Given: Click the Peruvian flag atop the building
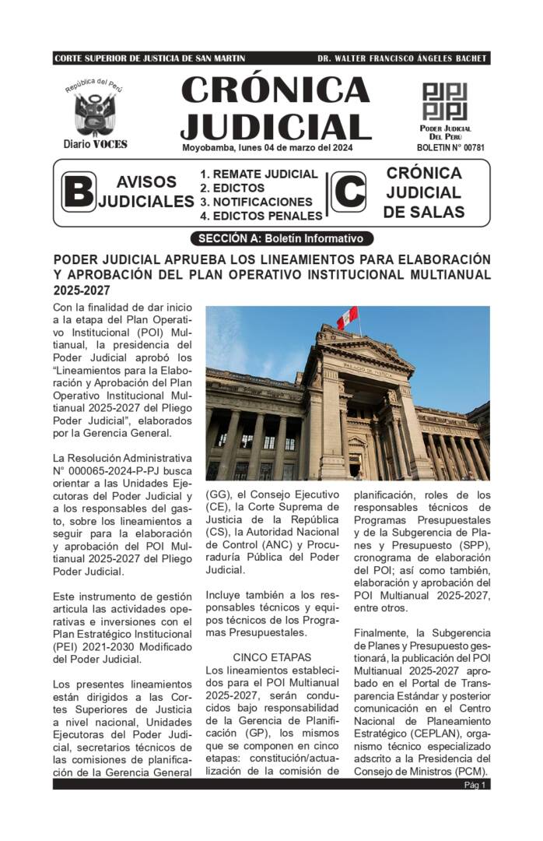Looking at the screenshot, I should click(347, 317).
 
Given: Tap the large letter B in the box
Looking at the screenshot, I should click(79, 192).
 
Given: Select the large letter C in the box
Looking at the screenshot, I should click(348, 192).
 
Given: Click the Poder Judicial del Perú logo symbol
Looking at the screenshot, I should click(444, 101).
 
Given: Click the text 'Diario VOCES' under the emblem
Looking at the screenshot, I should click(95, 144).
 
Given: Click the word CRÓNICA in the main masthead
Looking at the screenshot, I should click(275, 90).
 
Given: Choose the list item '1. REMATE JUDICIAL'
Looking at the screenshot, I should click(259, 174).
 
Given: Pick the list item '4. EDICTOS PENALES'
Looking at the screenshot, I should click(261, 216).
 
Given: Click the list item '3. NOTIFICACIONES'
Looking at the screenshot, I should click(256, 202).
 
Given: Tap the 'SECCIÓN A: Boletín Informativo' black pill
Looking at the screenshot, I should click(281, 238).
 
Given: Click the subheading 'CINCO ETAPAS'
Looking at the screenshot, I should click(271, 657).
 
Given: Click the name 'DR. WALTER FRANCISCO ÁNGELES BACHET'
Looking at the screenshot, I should click(402, 58).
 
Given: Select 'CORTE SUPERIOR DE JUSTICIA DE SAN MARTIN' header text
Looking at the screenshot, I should click(150, 58).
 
